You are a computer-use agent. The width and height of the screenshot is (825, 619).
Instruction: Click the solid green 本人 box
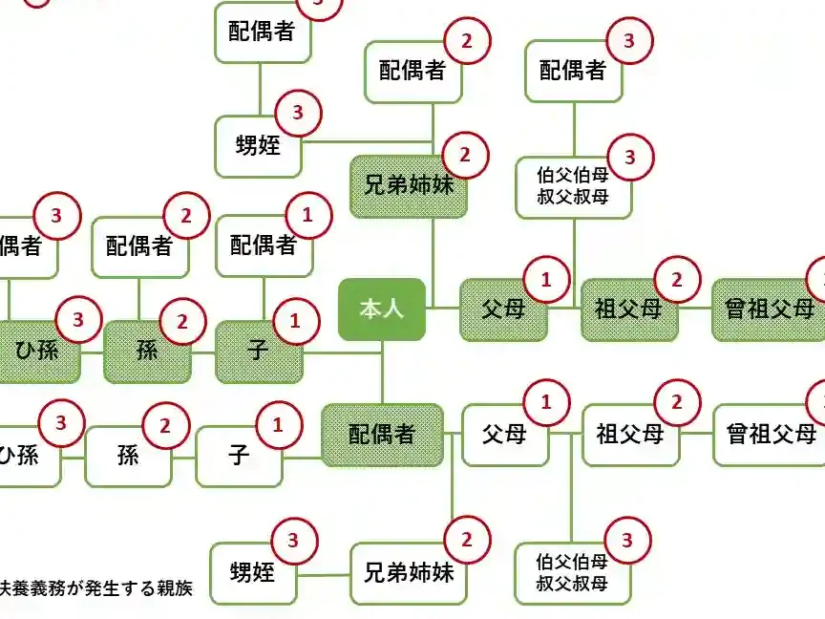382,309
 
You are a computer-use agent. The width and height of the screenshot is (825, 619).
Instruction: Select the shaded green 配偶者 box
382,435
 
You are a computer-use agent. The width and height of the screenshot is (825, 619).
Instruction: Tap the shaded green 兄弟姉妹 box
409,185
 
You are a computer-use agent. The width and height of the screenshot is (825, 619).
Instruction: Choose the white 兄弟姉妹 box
409,573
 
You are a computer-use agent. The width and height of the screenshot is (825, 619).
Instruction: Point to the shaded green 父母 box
504,309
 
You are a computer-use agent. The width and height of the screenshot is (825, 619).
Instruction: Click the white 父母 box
504,435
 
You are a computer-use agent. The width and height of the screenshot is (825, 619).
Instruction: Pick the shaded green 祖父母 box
629,309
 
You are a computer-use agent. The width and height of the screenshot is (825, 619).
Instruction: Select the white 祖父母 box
630,435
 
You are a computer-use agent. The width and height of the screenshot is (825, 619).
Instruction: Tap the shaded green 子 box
258,351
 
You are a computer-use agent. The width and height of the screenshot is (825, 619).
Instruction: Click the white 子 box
239,456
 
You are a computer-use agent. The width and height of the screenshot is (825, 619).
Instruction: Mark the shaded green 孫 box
147,351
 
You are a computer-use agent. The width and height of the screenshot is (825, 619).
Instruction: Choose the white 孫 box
128,456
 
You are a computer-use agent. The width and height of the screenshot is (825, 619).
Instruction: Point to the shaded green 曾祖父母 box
770,309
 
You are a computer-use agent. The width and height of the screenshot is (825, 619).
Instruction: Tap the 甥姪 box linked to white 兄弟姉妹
253,573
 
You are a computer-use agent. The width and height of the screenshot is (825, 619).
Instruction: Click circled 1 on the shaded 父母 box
547,280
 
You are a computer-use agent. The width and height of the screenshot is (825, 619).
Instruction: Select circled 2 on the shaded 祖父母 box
677,280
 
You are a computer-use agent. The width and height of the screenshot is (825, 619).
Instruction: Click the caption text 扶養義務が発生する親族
95,588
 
